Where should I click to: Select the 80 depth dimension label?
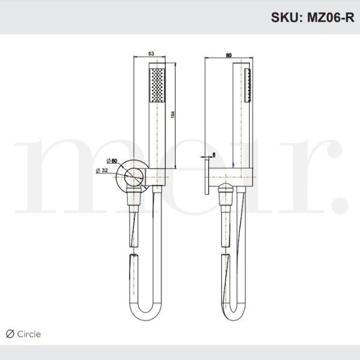(229, 54)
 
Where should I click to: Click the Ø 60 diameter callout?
(112, 160)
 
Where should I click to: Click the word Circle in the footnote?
(29, 334)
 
